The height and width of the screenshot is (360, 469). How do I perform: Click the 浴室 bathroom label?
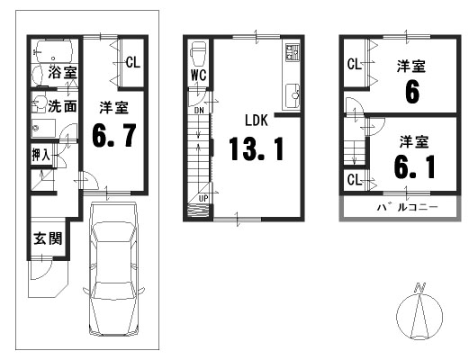pos(63,72)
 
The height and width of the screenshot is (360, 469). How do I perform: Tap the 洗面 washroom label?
pos(63,105)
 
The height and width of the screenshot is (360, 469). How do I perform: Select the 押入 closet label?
pos(41,155)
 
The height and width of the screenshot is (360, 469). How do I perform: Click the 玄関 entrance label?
pos(48,238)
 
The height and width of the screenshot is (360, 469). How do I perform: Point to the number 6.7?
pos(114,136)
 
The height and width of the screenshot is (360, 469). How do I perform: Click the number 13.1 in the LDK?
pos(257,148)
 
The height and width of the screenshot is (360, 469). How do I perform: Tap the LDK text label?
pos(257,120)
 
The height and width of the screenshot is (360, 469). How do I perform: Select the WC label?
pos(198,75)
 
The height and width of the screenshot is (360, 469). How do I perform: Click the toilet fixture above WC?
pos(198,53)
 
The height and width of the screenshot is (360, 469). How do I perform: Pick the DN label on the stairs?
pos(199,111)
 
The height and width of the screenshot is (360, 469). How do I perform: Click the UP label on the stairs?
pos(203,198)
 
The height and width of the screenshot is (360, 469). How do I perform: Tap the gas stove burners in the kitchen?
pos(293,52)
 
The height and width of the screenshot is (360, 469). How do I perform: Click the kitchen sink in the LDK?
pos(293,94)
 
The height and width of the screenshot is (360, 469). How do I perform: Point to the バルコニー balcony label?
pos(407,207)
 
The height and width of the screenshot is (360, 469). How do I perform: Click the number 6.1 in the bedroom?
pos(415,166)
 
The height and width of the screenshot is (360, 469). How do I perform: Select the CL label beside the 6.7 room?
pos(133,62)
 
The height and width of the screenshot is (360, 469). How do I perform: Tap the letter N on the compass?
pos(419,287)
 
